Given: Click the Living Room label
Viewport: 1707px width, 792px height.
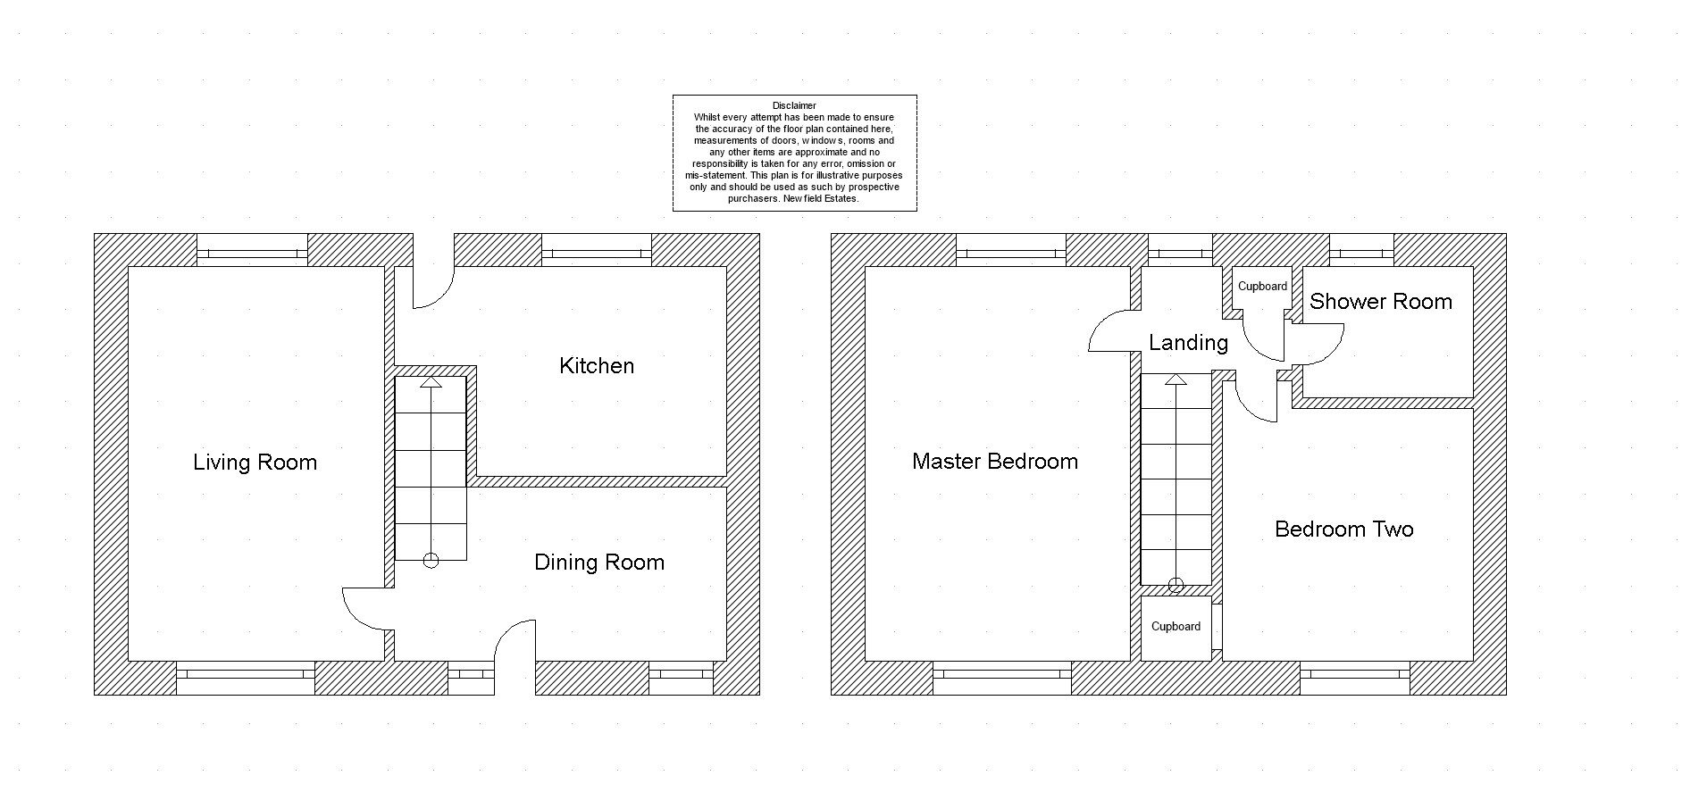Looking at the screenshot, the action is coord(255,463).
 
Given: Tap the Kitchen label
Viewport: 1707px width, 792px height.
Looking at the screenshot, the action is coord(597,365).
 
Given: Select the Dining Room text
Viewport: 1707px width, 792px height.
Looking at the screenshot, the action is coord(599,563).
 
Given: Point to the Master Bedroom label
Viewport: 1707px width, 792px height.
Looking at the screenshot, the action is coord(995,462).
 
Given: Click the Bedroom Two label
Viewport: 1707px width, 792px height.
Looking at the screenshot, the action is coord(1344,529).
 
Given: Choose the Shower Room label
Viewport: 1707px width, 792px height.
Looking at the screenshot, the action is coord(1381,302).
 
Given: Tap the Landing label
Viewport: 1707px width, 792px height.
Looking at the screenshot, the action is coord(1188,343).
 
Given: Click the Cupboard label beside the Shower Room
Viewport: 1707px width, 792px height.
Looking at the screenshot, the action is coord(1262,287).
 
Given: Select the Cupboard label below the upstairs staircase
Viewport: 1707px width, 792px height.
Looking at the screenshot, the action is coord(1176,627).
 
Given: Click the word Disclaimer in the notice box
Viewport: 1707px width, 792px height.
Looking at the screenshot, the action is coord(794,105).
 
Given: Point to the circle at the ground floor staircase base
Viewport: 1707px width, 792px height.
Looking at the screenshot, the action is coord(431,561).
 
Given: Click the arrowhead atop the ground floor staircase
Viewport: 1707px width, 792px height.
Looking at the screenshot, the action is coord(431,382).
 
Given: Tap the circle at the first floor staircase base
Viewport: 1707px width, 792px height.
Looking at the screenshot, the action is coord(1176,586).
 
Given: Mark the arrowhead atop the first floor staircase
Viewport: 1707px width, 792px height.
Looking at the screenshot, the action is coord(1176,379).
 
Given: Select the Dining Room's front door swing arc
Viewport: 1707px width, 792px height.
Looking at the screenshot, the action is coord(508,629).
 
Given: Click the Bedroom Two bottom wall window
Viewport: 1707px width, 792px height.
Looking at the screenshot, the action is coord(1355,678).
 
